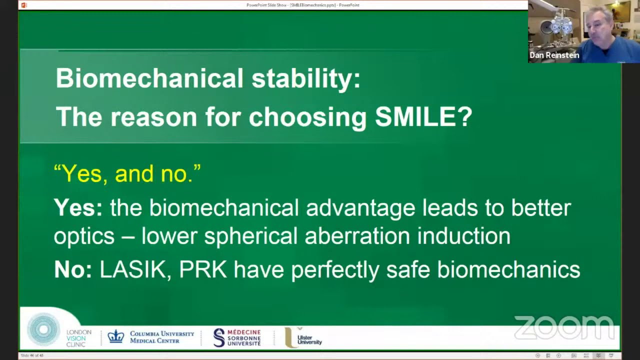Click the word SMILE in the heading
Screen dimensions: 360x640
click(x=423, y=116)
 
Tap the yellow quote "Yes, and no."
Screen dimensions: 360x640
click(x=127, y=173)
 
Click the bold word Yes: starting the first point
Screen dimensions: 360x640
click(x=78, y=207)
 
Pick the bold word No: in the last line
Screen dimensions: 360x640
click(x=73, y=269)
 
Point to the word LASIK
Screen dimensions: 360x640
click(x=132, y=269)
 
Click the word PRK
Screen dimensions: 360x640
click(x=202, y=269)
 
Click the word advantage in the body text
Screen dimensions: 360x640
click(x=360, y=207)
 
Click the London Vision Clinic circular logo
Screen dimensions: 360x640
click(x=43, y=329)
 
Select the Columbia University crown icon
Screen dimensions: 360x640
click(x=115, y=336)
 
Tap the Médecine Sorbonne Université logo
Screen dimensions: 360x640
click(x=237, y=337)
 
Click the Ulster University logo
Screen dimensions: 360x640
click(x=303, y=338)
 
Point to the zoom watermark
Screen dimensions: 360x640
click(x=564, y=327)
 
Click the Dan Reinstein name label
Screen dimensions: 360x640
click(x=554, y=55)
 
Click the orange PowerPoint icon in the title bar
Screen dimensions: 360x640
click(x=23, y=5)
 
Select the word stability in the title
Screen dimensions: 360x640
click(x=305, y=78)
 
